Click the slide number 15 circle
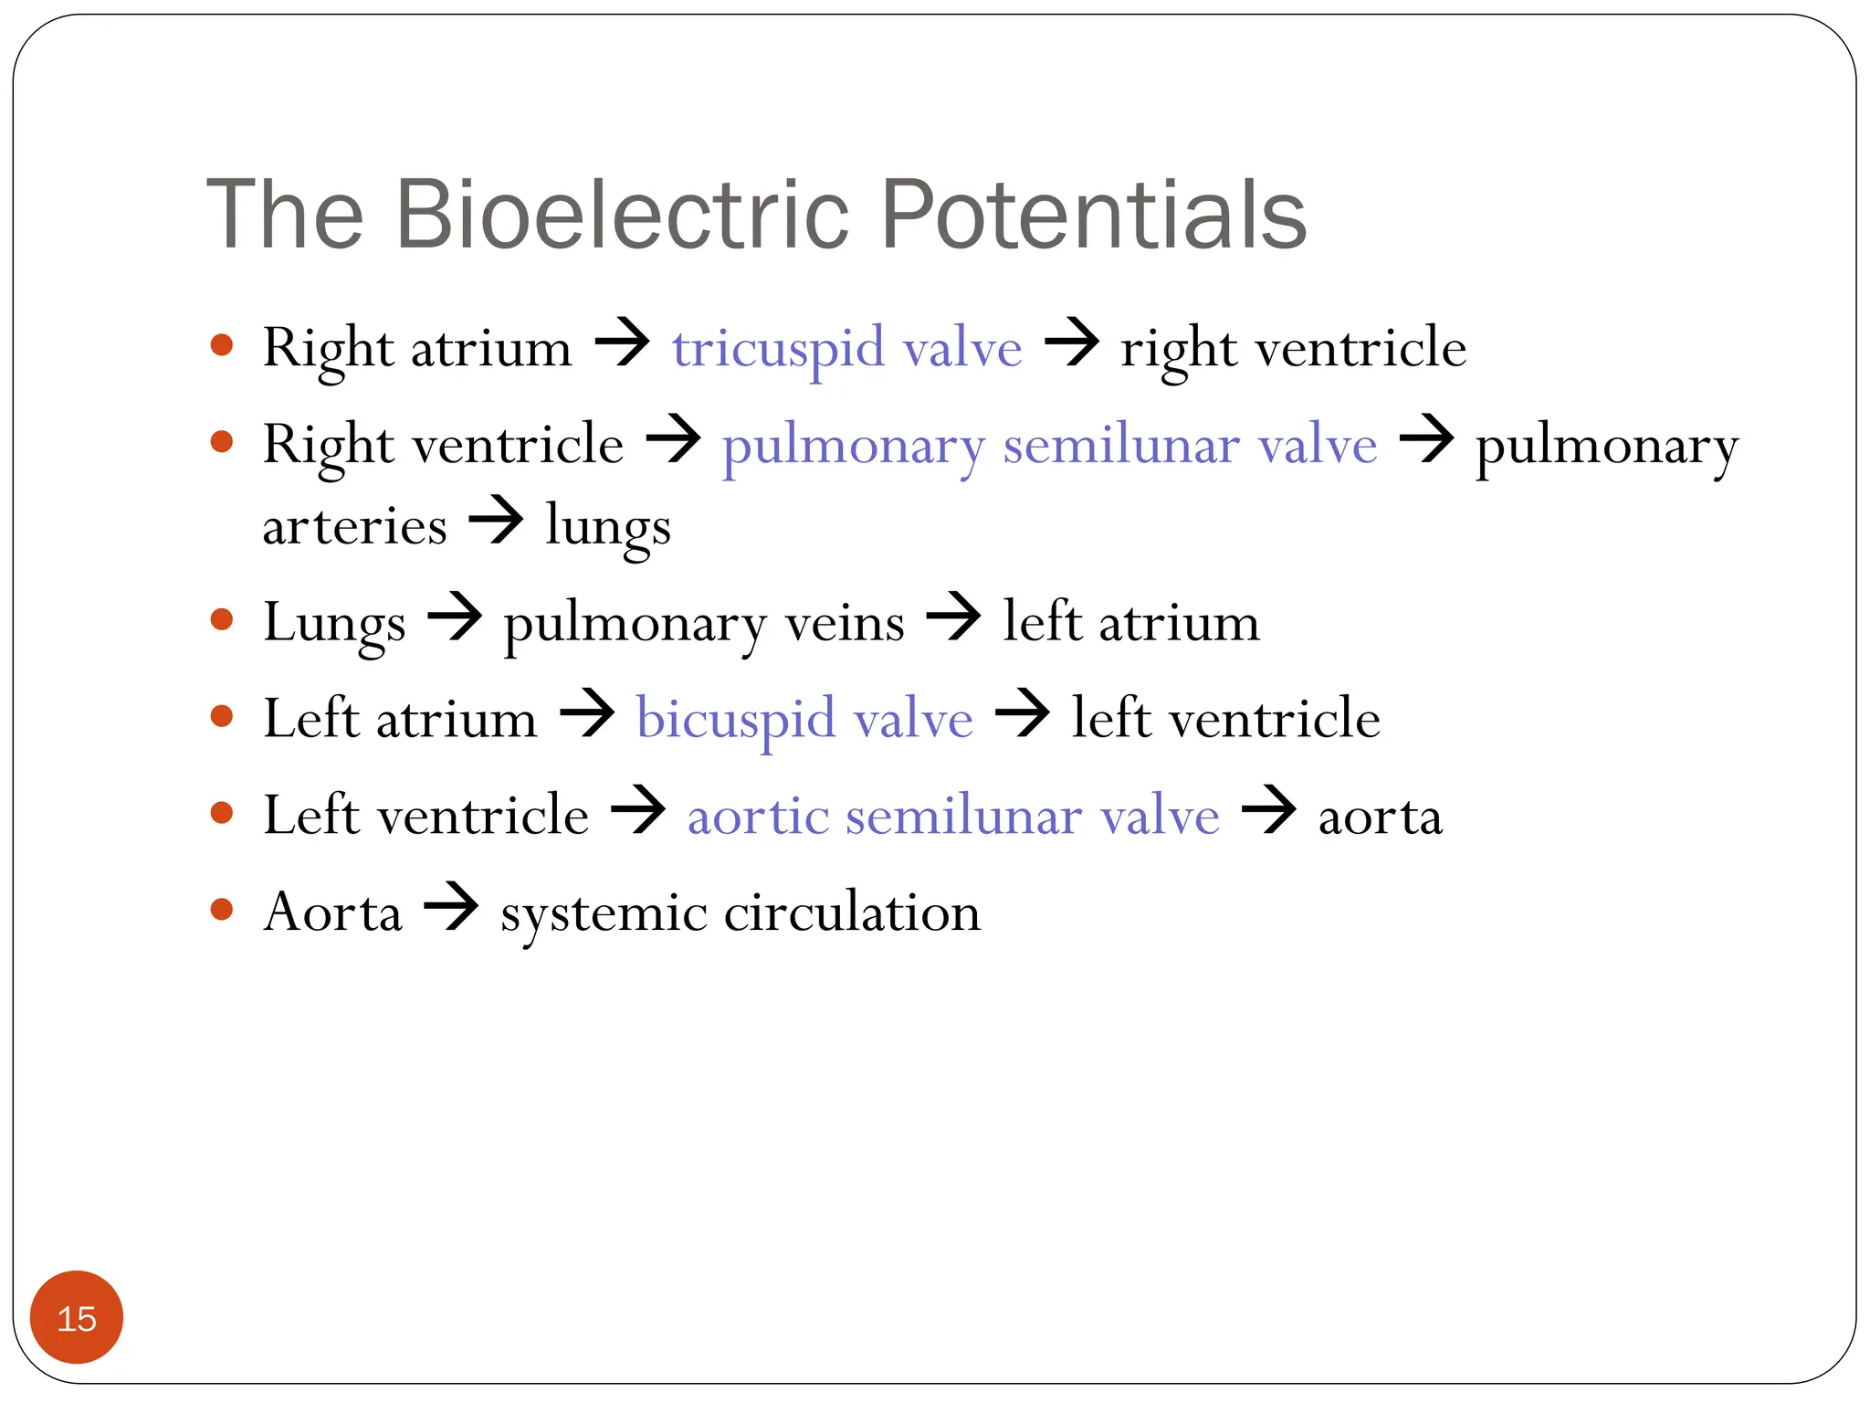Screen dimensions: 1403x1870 pos(77,1317)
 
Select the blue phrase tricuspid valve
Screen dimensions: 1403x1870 pos(846,348)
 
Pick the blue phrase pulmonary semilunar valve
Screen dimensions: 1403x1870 pos(1049,446)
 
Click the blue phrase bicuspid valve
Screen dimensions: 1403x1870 pos(804,718)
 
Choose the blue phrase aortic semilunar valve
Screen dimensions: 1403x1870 pos(952,815)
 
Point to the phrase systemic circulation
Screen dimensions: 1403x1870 pos(741,912)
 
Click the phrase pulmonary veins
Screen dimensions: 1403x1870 pos(704,623)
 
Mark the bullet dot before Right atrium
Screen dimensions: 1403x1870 pos(222,345)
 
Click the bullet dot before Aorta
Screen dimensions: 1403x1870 pos(222,909)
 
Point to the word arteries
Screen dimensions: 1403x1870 pos(354,527)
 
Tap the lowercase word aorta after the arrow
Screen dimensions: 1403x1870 pos(1380,816)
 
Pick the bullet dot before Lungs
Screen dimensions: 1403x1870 pos(222,620)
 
